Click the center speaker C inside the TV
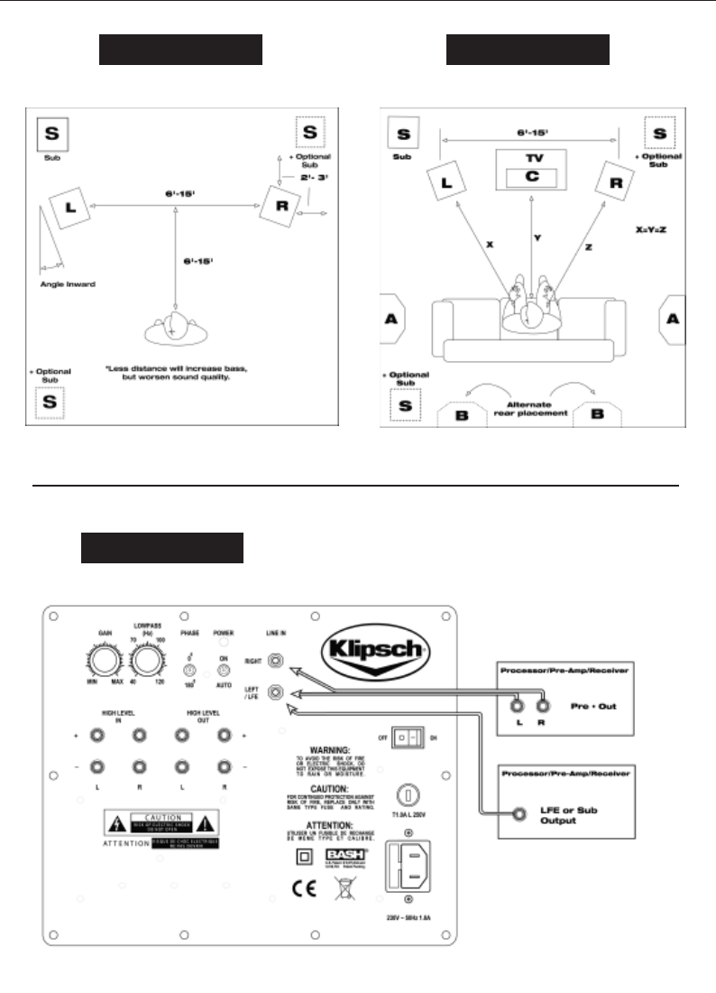click(530, 176)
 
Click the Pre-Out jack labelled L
click(518, 705)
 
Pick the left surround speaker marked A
click(393, 319)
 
